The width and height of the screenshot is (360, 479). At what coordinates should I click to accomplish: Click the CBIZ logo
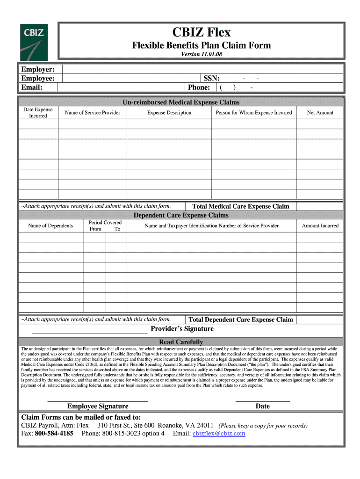[33, 42]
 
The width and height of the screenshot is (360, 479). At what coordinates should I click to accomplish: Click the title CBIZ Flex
[201, 32]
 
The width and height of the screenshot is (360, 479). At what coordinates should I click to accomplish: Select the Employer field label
[37, 69]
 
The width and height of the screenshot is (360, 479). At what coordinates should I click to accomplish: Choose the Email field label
[32, 87]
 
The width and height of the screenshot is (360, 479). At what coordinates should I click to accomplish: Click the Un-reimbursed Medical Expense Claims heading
[181, 102]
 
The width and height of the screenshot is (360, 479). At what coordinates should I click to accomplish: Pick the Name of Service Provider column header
[93, 113]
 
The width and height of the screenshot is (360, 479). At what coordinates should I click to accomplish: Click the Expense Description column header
[169, 113]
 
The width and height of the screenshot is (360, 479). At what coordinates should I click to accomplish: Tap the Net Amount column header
[320, 113]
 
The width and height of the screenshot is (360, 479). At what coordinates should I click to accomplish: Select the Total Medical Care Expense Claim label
[241, 206]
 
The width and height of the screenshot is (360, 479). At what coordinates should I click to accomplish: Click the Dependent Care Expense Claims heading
[181, 215]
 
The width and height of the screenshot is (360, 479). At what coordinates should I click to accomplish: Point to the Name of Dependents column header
[50, 226]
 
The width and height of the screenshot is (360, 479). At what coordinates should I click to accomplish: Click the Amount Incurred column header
[320, 226]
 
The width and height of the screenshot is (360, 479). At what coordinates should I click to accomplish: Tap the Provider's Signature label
[182, 329]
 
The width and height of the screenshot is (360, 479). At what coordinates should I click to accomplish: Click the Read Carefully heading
[181, 342]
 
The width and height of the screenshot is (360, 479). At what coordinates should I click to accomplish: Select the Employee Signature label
[98, 406]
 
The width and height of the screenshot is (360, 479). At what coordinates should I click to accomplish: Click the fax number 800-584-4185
[54, 434]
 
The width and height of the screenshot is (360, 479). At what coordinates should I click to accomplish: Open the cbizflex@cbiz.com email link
[219, 434]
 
